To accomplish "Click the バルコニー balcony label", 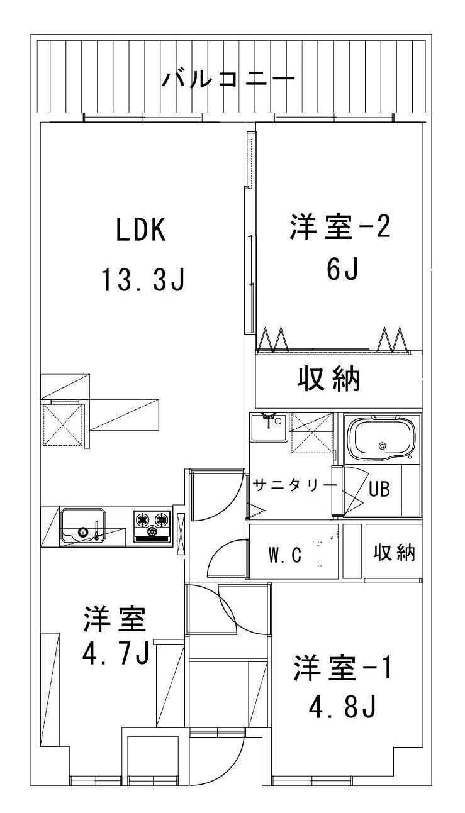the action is coord(228,79).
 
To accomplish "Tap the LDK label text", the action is coord(140,231).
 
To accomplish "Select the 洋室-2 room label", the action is coord(340,228).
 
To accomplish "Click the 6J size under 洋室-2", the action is coord(342,270).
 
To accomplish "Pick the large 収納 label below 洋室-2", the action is coord(328,379).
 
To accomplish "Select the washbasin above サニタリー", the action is coord(268,429).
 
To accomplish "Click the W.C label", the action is coord(285,555).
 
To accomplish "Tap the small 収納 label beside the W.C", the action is coord(395,553).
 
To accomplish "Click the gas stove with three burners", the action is coord(152,525).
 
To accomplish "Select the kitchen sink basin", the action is coord(83,527).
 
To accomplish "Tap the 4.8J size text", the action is coord(342,709).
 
